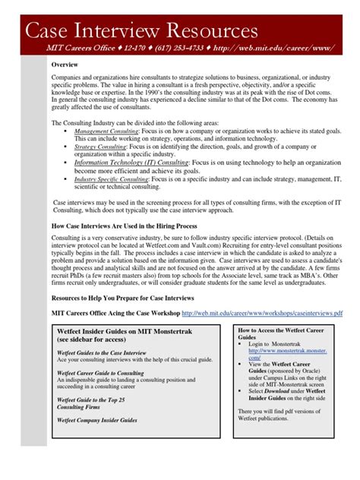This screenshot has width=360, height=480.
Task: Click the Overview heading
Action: point(66,65)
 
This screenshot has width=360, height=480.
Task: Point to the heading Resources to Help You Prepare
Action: point(122,299)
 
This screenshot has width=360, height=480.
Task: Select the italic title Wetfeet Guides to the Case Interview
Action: point(102,352)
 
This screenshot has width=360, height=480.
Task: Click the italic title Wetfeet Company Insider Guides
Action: point(97,419)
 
